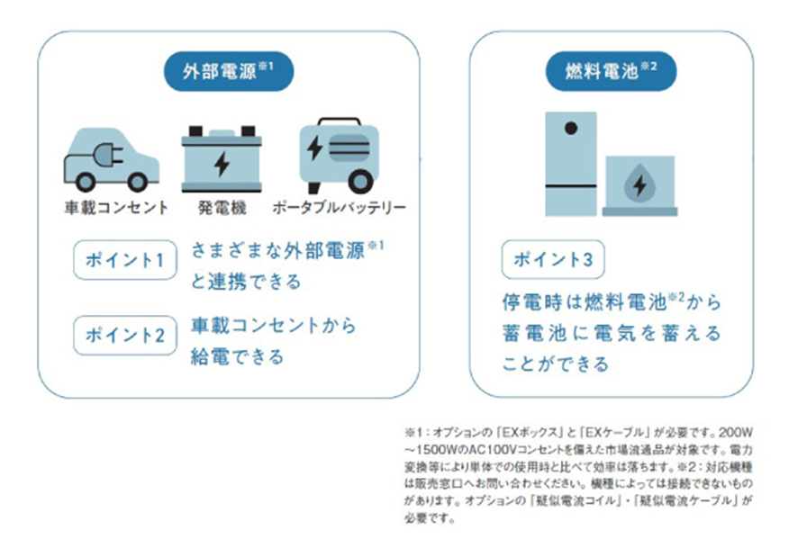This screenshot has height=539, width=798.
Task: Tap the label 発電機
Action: click(x=222, y=208)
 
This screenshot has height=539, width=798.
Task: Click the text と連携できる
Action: click(x=245, y=282)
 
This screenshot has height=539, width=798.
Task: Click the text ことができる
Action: click(x=555, y=364)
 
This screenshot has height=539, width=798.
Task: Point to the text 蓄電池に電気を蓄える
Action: click(x=612, y=333)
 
